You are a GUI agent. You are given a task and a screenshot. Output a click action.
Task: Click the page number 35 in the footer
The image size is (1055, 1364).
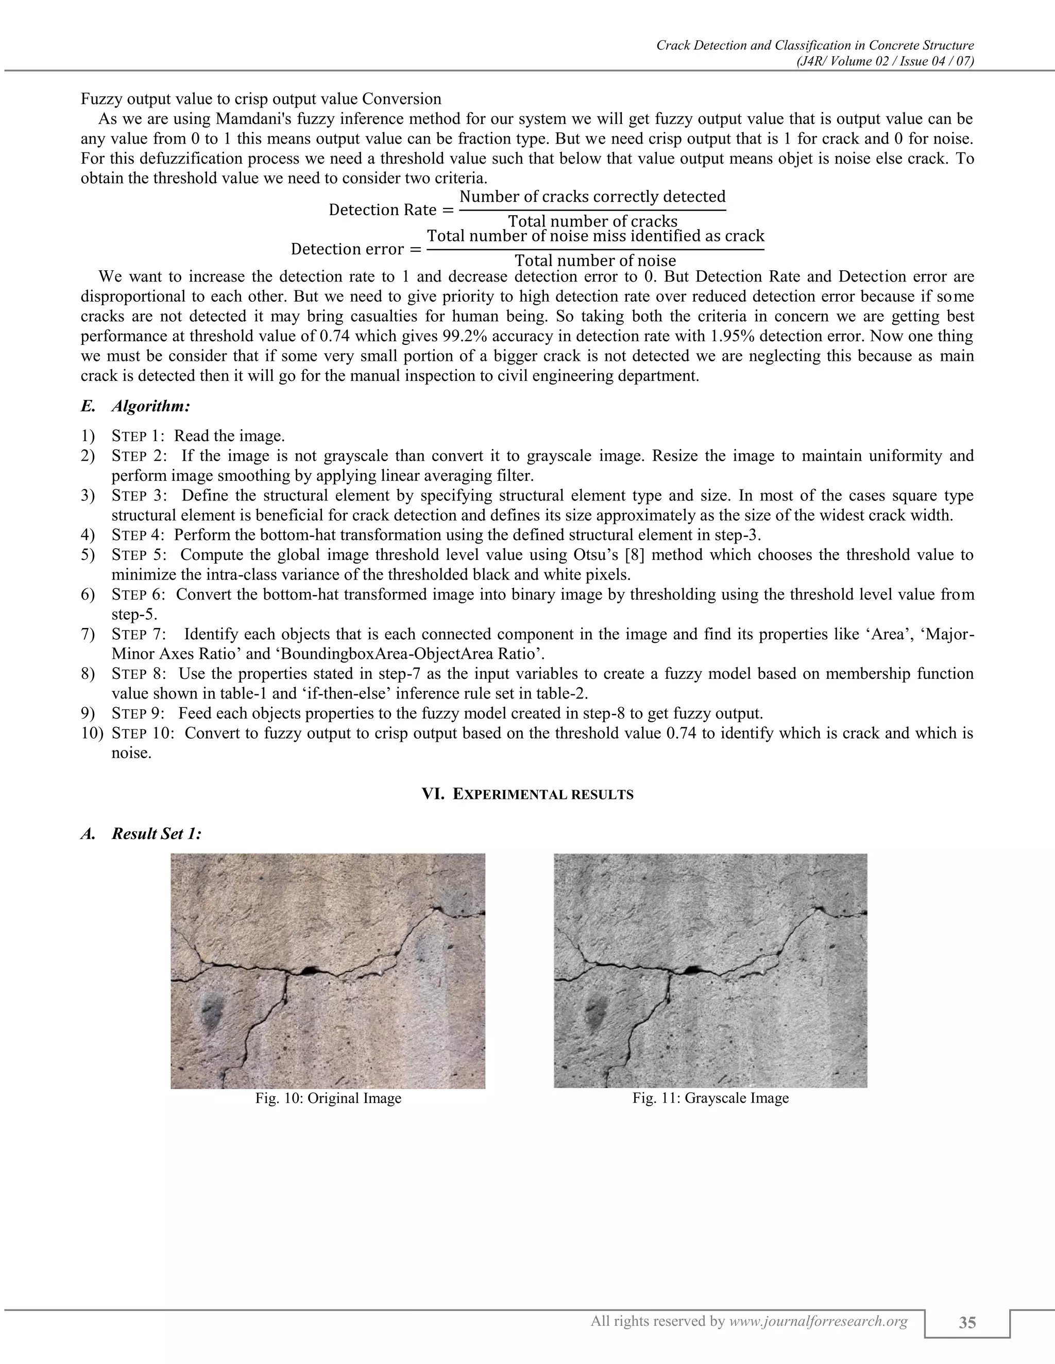point(967,1323)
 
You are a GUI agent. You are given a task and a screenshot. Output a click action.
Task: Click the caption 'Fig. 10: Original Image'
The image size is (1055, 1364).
point(328,1097)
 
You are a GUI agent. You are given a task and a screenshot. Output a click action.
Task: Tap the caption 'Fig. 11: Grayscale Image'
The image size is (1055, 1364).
point(710,1097)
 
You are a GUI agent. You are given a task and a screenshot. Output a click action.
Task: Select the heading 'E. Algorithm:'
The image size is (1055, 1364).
point(135,407)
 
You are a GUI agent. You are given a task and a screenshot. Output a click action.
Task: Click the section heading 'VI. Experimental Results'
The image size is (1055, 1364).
point(527,794)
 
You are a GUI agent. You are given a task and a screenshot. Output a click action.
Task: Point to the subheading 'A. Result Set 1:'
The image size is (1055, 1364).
point(141,834)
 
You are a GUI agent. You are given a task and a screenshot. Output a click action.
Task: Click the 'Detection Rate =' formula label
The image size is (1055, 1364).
point(392,210)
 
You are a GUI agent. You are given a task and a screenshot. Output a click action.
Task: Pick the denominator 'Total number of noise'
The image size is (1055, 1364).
point(595,260)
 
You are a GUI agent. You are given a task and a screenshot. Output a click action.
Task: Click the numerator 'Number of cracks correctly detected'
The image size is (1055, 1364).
point(592,197)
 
